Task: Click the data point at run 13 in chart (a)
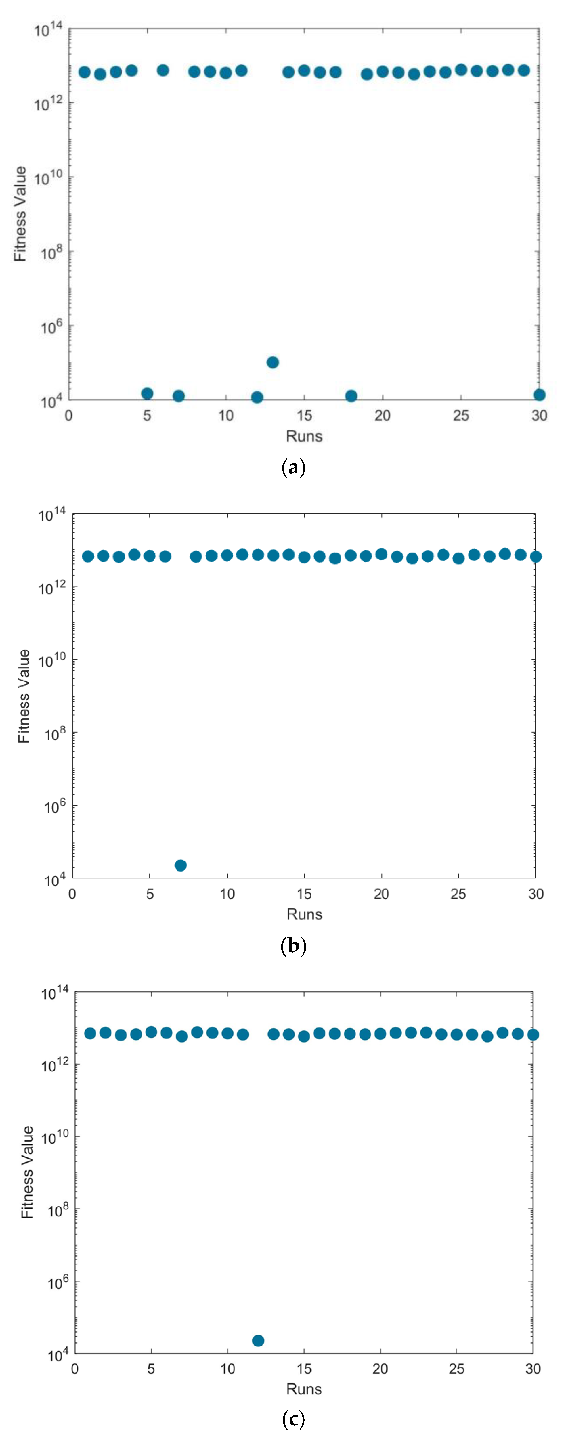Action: (x=273, y=362)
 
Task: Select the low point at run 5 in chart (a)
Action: (x=147, y=393)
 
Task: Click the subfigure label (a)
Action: (x=293, y=467)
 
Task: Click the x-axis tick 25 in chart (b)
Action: (x=458, y=894)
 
